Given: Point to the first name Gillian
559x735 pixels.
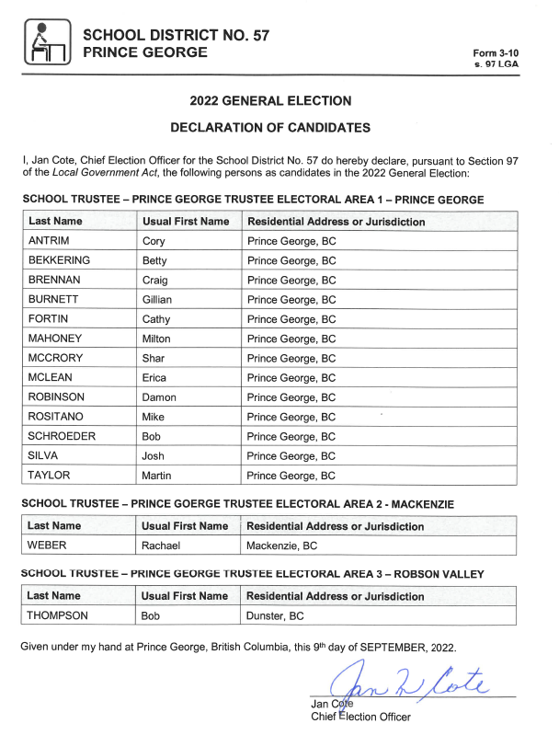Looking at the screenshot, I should click(x=157, y=300).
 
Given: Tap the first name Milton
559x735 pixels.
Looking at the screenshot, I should click(x=156, y=339).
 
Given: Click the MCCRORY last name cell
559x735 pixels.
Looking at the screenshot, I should click(x=54, y=359).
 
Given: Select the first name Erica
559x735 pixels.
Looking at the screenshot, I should click(x=154, y=378).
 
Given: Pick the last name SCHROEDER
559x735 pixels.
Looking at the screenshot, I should click(x=60, y=437).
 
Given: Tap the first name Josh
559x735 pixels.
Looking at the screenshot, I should click(x=154, y=456).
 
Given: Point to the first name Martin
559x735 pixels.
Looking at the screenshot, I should click(x=156, y=476).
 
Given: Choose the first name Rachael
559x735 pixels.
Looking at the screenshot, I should click(x=161, y=546).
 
